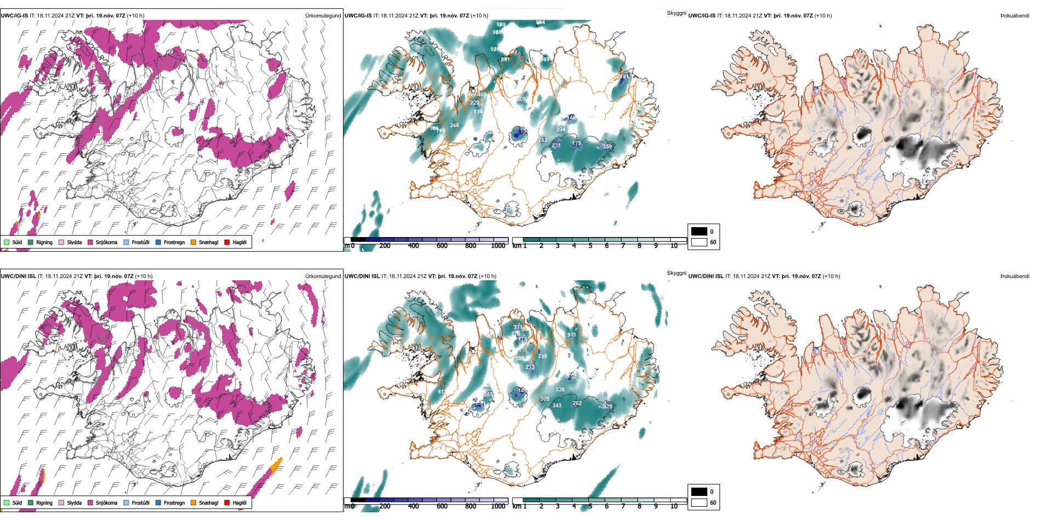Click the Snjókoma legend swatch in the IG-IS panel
point(90,242)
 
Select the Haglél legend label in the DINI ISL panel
point(239,502)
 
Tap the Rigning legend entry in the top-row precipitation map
point(44,242)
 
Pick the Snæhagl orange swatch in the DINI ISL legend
point(193,502)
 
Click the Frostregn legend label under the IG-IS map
point(174,242)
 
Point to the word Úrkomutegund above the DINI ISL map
point(323,276)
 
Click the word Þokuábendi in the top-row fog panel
point(1015,15)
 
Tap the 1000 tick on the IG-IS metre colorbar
point(498,246)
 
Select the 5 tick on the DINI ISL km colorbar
point(591,506)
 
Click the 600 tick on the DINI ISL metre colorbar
point(442,506)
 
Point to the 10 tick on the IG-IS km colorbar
point(674,246)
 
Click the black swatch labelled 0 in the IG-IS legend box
point(699,232)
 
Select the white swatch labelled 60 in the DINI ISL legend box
point(699,502)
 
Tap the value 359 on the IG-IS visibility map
point(607,147)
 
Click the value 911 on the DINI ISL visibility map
point(571,335)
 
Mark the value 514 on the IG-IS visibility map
point(478,112)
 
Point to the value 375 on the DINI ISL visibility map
point(608,407)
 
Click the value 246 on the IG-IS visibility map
point(454,125)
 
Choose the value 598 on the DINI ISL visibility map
point(520,359)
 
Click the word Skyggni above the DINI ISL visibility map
point(676,273)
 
